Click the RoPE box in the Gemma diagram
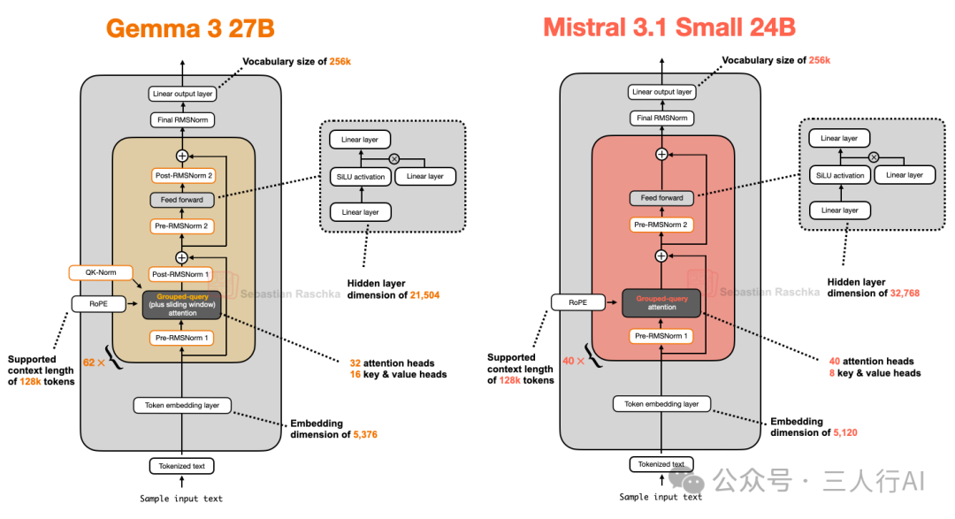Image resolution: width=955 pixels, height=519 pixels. (98, 303)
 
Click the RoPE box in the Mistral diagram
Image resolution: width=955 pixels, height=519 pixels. (577, 302)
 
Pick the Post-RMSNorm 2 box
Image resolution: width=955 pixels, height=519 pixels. (182, 175)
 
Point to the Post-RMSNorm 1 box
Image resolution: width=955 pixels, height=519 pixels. (182, 273)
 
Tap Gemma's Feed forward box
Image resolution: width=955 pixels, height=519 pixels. (182, 200)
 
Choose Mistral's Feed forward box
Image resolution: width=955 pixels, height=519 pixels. (661, 198)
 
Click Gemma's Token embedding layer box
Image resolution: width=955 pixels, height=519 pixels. (182, 405)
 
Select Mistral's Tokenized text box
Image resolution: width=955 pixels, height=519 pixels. (661, 464)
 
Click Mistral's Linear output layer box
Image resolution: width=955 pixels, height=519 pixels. (661, 92)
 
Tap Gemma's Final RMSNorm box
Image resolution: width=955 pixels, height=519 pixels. (182, 119)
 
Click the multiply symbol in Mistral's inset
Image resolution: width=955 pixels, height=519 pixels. (874, 156)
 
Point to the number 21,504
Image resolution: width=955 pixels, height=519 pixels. (424, 295)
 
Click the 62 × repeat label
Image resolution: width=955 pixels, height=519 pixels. (94, 363)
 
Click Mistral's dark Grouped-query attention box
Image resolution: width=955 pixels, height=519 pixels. (661, 302)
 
